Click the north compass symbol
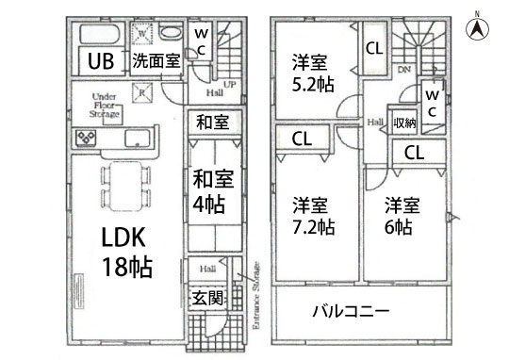coord(478,27)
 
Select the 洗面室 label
coord(156,62)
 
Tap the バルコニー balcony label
coord(351,310)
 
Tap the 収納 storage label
coord(405,123)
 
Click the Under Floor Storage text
coord(105,105)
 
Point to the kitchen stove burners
coord(86,139)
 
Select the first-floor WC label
coord(202,40)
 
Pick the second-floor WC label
coord(432,104)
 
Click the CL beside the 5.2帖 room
coord(373,48)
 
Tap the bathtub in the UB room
coord(94,33)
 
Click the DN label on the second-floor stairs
coord(403,69)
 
